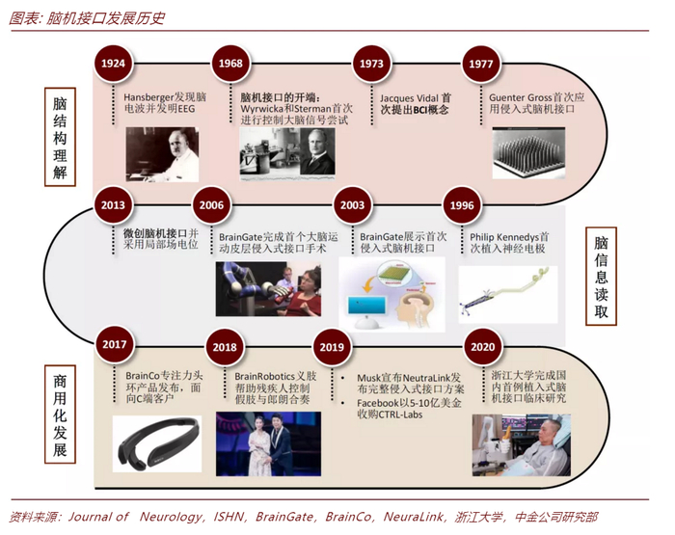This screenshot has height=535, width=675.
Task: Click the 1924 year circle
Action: coord(114,63)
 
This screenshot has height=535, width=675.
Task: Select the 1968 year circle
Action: coord(230,63)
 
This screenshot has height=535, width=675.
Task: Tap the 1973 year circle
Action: coord(371,63)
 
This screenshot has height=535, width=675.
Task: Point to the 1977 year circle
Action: coord(479,63)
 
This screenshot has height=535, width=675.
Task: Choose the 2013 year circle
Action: coord(113,205)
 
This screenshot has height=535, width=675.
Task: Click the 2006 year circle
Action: coord(211,205)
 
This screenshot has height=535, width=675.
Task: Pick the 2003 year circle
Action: coord(352,205)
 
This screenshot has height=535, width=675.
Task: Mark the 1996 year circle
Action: coord(462,205)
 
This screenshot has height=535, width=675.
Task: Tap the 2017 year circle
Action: coord(114,345)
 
